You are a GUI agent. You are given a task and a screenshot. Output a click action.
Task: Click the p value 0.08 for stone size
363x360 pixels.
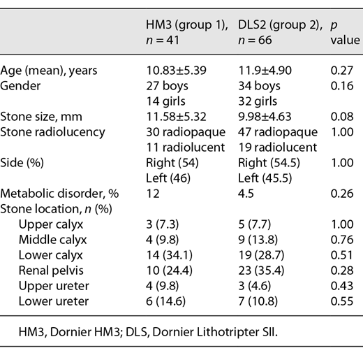coord(339,115)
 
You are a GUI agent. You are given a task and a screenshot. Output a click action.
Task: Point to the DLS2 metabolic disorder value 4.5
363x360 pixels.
coord(245,192)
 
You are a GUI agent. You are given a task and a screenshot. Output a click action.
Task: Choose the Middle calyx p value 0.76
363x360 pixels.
coord(339,238)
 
